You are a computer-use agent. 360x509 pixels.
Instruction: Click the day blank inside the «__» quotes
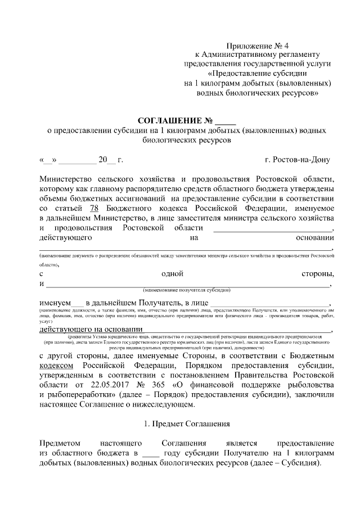point(47,160)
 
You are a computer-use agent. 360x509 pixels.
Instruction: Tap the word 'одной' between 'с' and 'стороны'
point(173,273)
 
